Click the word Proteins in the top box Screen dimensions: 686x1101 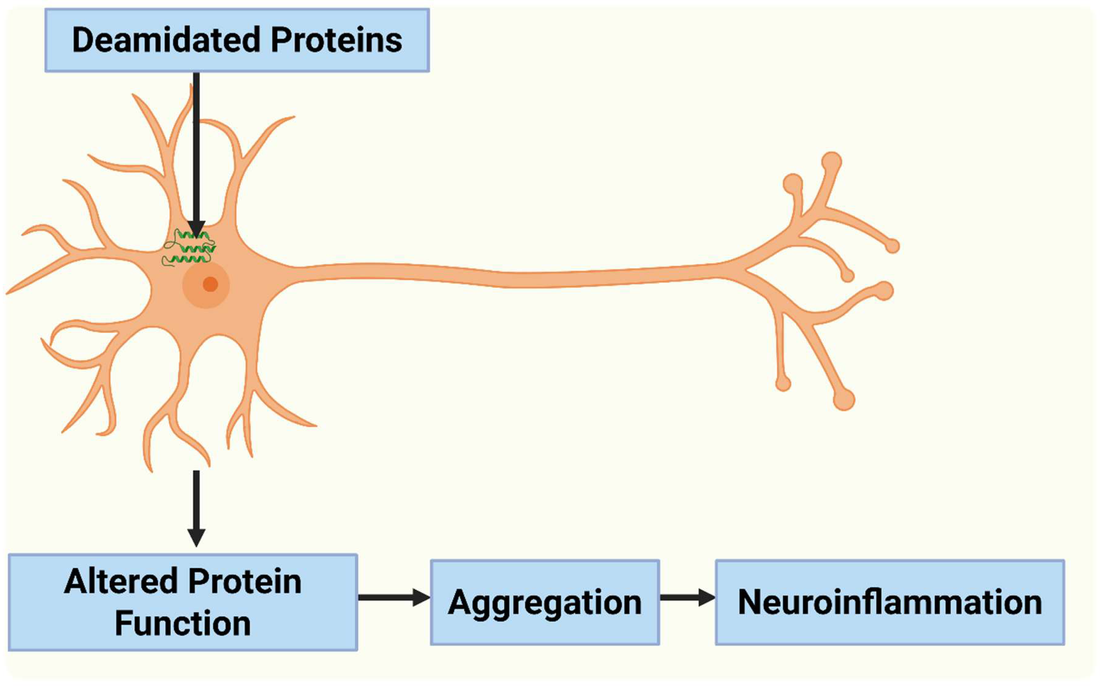pyautogui.click(x=336, y=40)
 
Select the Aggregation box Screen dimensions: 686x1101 pyautogui.click(x=544, y=602)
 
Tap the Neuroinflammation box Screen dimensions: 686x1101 pyautogui.click(x=889, y=602)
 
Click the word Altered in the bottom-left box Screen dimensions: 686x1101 pyautogui.click(x=121, y=582)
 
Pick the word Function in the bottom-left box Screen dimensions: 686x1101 pyautogui.click(x=182, y=623)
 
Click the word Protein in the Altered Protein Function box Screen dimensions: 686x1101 pyautogui.click(x=245, y=582)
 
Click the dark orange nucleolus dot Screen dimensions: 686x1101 pyautogui.click(x=210, y=284)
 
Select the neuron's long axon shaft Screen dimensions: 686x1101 pyautogui.click(x=499, y=276)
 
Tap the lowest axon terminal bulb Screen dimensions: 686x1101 pyautogui.click(x=844, y=400)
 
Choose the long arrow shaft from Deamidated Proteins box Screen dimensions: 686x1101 pyautogui.click(x=196, y=145)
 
